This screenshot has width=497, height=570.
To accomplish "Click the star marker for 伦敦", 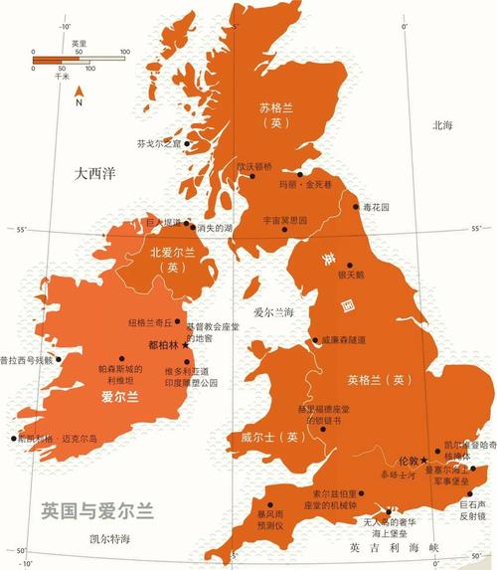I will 424,460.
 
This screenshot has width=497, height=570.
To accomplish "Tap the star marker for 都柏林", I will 185,345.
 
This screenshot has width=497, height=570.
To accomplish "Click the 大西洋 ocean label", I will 95,173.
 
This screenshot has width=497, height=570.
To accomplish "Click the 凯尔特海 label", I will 108,538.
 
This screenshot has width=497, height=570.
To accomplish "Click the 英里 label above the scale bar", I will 79,43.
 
